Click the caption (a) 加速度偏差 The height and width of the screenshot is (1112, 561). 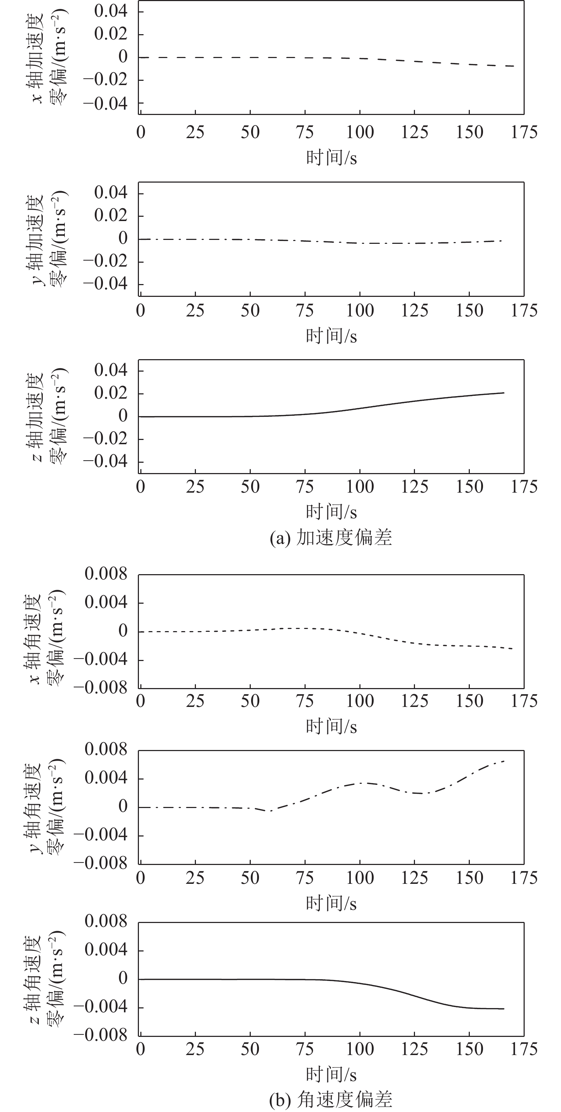coord(331,538)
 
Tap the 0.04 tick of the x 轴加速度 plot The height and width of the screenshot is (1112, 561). coord(111,11)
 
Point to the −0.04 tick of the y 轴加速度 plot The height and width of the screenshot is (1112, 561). coord(106,284)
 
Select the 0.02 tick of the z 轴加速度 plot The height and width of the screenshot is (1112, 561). coord(111,393)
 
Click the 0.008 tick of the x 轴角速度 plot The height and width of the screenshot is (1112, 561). coord(106,574)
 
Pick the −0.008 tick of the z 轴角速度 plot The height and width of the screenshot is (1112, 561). coord(101,1035)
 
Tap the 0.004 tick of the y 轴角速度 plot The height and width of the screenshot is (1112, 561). coord(106,778)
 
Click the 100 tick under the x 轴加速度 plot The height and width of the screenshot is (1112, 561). coord(360,132)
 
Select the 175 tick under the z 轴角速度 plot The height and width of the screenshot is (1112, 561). coord(524,1049)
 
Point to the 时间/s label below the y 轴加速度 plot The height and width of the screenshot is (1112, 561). coord(331,336)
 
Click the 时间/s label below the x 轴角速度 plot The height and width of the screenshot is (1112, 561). coord(331,727)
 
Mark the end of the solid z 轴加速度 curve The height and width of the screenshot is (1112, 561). coord(504,393)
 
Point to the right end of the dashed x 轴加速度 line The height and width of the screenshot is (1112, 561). coord(513,66)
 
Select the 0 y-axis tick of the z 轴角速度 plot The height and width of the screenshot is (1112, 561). coord(123,979)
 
